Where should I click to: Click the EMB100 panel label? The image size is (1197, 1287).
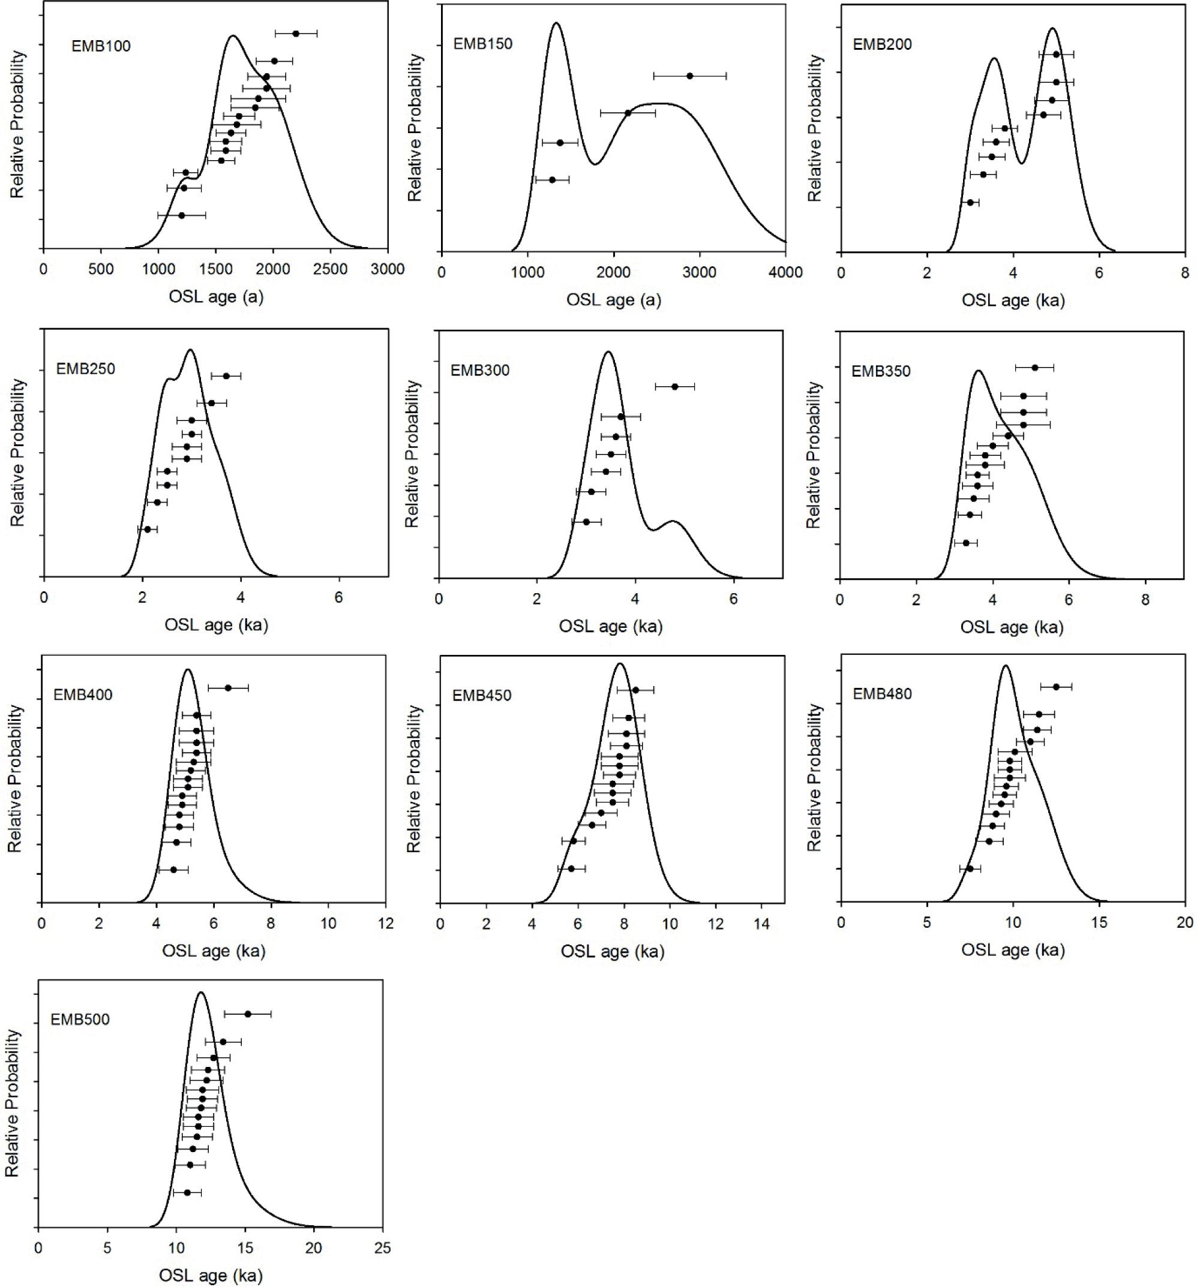pyautogui.click(x=100, y=46)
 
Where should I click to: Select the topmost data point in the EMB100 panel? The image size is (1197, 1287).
pyautogui.click(x=296, y=33)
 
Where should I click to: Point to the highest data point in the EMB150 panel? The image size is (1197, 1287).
pyautogui.click(x=690, y=76)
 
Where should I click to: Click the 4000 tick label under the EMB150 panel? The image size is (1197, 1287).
pyautogui.click(x=785, y=272)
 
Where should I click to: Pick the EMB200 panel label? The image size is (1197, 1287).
pyautogui.click(x=882, y=44)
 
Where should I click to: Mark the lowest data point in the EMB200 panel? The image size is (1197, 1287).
pyautogui.click(x=970, y=203)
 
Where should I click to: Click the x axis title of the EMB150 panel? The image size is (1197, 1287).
pyautogui.click(x=613, y=300)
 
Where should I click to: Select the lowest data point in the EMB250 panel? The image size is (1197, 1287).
pyautogui.click(x=147, y=530)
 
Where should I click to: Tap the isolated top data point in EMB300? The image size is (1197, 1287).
pyautogui.click(x=675, y=386)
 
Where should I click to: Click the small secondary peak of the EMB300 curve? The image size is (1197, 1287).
pyautogui.click(x=674, y=521)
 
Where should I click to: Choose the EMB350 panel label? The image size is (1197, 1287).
pyautogui.click(x=881, y=372)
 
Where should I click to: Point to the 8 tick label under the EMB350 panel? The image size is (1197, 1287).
pyautogui.click(x=1145, y=600)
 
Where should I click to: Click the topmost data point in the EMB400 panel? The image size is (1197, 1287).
pyautogui.click(x=228, y=687)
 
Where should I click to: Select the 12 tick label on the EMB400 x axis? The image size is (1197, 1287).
pyautogui.click(x=385, y=923)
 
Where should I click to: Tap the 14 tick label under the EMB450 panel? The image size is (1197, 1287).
pyautogui.click(x=762, y=924)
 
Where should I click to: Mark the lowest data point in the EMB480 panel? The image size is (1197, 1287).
pyautogui.click(x=970, y=869)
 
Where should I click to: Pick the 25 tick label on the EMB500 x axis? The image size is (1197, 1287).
pyautogui.click(x=382, y=1247)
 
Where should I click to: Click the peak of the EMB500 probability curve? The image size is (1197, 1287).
pyautogui.click(x=201, y=993)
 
